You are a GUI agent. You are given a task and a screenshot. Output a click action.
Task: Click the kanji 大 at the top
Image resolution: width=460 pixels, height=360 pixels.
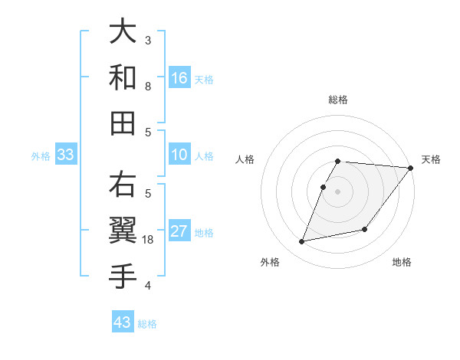coord(123,31)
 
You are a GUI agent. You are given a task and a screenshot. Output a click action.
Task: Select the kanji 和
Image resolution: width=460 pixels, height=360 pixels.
coord(123,77)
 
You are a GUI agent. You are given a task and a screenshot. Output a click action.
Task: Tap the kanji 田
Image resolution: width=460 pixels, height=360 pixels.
coord(123,122)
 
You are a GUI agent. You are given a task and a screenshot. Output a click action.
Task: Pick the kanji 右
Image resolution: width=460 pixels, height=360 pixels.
coord(123,185)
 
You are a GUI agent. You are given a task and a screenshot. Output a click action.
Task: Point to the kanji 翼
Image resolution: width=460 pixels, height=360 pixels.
coord(123,230)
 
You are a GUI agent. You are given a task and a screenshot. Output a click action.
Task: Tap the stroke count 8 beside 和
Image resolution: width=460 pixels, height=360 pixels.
coord(148,87)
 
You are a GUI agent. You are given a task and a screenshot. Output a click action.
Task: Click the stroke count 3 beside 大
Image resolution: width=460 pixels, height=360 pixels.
coord(148,40)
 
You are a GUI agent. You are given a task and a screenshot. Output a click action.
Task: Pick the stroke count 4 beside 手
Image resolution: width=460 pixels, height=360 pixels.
coord(148,286)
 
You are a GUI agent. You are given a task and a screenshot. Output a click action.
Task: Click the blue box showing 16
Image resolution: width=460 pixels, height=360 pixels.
coord(179,77)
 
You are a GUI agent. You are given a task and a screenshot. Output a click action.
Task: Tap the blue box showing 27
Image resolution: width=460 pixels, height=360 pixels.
coord(179,232)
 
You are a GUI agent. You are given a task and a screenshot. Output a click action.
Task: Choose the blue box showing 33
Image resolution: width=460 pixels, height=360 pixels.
coord(66,155)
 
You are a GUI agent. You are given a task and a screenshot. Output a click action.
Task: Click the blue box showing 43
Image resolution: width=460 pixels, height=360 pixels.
coord(123,322)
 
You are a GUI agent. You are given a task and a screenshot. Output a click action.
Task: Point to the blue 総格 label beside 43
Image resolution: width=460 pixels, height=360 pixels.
coord(147,324)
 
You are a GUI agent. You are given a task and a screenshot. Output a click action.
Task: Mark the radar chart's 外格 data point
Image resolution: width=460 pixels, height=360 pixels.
coord(302,242)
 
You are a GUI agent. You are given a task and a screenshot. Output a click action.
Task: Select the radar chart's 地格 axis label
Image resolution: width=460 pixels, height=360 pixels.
coord(402,262)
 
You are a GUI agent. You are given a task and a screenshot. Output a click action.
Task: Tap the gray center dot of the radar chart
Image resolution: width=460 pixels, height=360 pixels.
coord(337,191)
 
